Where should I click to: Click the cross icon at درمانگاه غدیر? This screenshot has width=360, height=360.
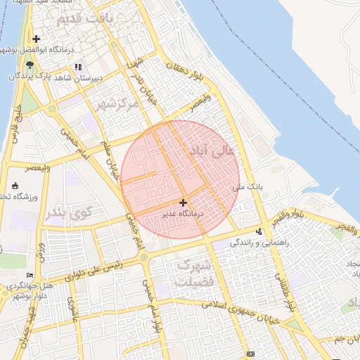(184, 202)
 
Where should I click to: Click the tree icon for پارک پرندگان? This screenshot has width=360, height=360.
(29, 65)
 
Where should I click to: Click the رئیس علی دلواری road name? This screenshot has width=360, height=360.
(95, 271)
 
